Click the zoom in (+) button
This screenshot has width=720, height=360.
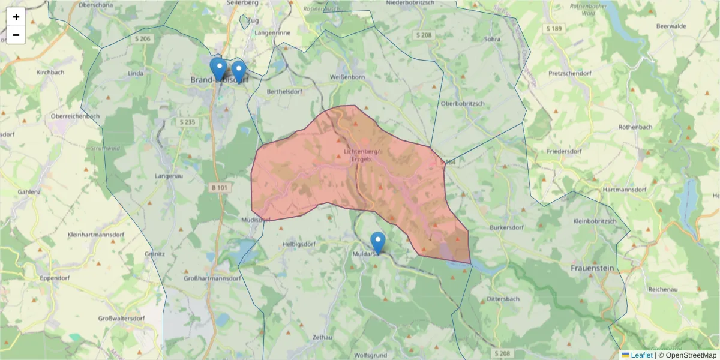(x=16, y=17)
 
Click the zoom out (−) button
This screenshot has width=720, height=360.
(x=16, y=35)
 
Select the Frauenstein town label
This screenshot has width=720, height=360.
(x=592, y=268)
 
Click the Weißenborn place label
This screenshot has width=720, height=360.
(x=347, y=77)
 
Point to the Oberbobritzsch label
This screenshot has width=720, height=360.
(x=462, y=104)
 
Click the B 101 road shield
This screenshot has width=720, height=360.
(x=220, y=188)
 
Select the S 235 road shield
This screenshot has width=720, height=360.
(x=187, y=122)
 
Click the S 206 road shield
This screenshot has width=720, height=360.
(x=143, y=38)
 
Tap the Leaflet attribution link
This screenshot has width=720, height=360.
(x=641, y=355)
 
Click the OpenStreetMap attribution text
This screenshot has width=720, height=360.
(x=690, y=355)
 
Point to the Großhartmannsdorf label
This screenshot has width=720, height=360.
(x=212, y=278)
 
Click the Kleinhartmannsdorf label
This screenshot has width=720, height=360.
(x=97, y=234)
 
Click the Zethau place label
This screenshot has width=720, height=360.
(x=322, y=338)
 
